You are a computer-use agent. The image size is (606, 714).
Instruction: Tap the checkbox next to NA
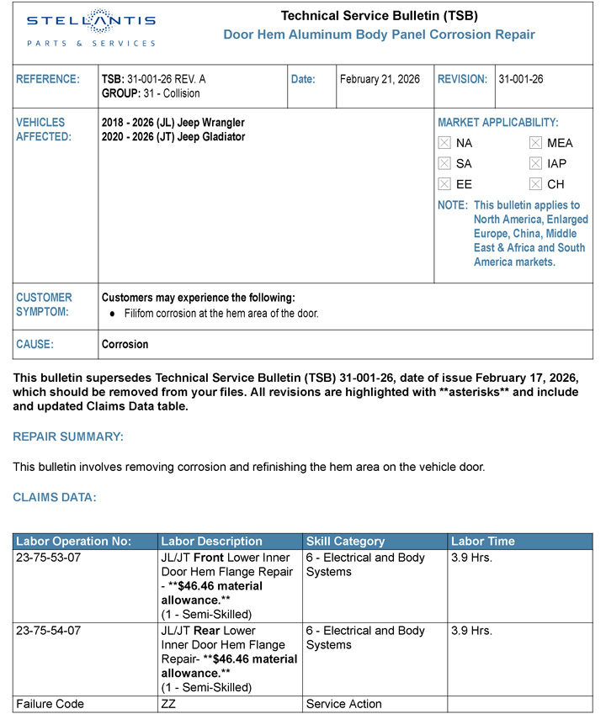(445, 143)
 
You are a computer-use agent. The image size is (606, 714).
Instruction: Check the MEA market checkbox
(535, 143)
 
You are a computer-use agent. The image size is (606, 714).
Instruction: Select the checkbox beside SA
(445, 163)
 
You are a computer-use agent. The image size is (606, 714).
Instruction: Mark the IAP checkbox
(535, 163)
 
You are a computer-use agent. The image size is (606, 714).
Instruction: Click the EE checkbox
(445, 184)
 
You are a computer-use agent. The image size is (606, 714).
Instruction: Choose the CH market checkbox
(535, 184)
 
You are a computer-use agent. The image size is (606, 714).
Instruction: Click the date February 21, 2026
(380, 79)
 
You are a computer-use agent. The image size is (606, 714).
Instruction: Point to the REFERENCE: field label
(48, 79)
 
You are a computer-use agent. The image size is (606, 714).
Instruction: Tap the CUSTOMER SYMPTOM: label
(44, 304)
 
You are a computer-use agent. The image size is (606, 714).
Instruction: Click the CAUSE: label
(35, 344)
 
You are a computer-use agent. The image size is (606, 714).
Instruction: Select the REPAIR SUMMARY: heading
(68, 436)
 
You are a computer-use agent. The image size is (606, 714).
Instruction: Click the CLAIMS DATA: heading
(55, 497)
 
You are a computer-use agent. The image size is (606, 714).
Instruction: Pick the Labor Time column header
(483, 542)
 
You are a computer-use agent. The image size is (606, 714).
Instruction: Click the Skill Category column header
(345, 542)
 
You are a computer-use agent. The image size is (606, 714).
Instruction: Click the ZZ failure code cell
(167, 704)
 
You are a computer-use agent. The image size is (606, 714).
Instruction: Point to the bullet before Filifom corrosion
(113, 314)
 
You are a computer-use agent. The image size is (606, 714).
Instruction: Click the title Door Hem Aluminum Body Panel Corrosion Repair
(379, 34)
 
